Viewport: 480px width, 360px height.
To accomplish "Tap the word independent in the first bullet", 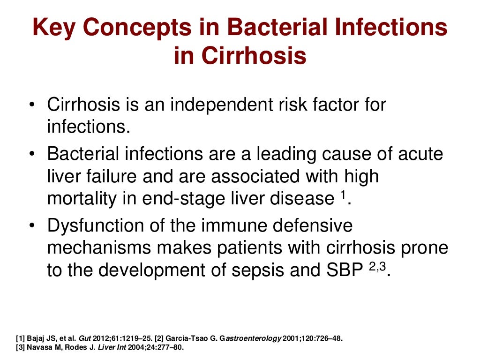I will coord(226,104).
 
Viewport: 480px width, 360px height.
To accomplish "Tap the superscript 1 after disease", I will coord(342,195).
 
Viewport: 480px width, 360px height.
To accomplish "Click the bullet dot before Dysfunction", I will coord(31,226).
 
